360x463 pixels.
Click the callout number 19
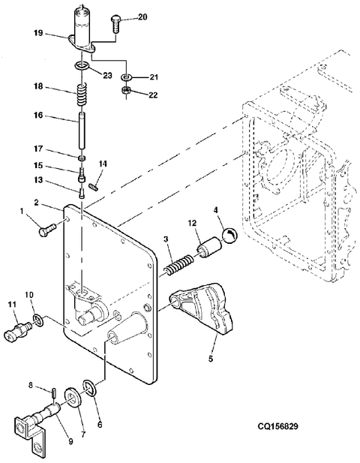pyautogui.click(x=38, y=33)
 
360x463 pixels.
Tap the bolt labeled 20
pyautogui.click(x=115, y=25)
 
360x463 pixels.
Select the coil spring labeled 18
pyautogui.click(x=82, y=94)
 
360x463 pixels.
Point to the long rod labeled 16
pyautogui.click(x=82, y=131)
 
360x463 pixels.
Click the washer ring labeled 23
pyautogui.click(x=82, y=65)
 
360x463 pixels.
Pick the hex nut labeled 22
pyautogui.click(x=126, y=90)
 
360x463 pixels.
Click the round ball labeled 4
pyautogui.click(x=229, y=236)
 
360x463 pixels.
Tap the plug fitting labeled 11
pyautogui.click(x=18, y=332)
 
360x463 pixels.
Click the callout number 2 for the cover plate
pyautogui.click(x=36, y=203)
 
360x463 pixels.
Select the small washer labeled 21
pyautogui.click(x=126, y=77)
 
